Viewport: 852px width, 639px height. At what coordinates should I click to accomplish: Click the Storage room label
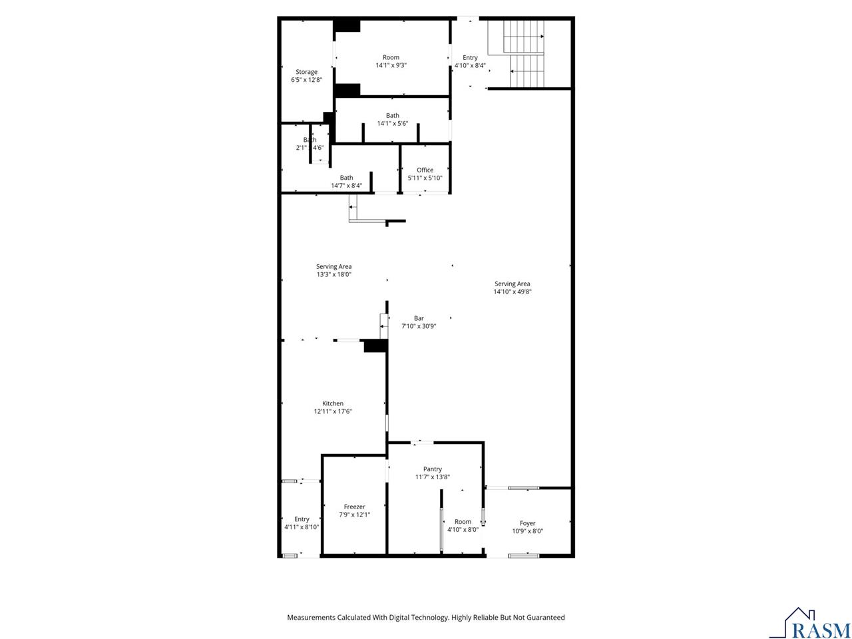(306, 72)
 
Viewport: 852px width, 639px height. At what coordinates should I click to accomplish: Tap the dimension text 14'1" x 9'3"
(391, 65)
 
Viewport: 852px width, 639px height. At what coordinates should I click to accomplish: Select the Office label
(425, 170)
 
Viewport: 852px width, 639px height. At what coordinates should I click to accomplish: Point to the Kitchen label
(333, 403)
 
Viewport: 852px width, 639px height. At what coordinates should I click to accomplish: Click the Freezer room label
(354, 507)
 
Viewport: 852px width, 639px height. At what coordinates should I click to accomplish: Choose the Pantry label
(432, 469)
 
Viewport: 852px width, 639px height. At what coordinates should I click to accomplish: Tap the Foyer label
(527, 523)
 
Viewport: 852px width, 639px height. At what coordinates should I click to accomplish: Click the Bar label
(419, 318)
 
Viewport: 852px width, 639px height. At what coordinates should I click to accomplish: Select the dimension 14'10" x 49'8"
(512, 292)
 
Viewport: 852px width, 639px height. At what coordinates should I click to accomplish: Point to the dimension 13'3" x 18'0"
(333, 274)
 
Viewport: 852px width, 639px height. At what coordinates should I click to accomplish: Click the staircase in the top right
(526, 53)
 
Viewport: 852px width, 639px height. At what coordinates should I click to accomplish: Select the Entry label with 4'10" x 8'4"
(470, 58)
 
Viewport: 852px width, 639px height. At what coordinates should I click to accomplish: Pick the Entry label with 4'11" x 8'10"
(302, 519)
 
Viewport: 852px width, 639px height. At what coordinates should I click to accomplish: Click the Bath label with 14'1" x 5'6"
(392, 116)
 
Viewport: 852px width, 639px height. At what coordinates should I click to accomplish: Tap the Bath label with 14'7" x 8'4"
(346, 178)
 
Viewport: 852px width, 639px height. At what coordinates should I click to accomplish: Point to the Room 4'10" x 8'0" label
(463, 522)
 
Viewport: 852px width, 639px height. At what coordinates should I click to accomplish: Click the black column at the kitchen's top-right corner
(375, 346)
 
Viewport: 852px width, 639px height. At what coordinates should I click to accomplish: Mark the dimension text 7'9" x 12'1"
(354, 515)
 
